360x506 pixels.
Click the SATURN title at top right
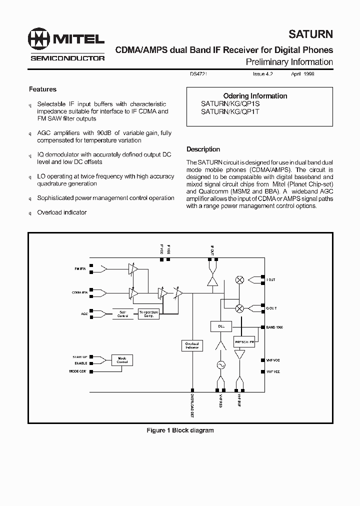[x=310, y=34]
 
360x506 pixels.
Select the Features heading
[x=42, y=89]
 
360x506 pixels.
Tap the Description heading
[x=203, y=149]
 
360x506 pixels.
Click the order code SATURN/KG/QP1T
[x=230, y=112]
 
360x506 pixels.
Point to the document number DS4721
[x=198, y=73]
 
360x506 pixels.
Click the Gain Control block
[x=122, y=314]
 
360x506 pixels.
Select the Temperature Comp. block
[x=148, y=314]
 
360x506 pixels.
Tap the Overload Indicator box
[x=192, y=345]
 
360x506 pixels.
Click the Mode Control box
[x=122, y=360]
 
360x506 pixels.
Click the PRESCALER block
[x=244, y=342]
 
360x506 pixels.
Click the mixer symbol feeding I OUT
[x=239, y=280]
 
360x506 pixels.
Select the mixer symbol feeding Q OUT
[x=239, y=308]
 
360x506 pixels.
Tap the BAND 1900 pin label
[x=274, y=327]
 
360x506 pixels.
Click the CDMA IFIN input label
[x=79, y=292]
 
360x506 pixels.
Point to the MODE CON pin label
[x=78, y=371]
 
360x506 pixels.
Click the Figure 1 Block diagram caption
[x=180, y=430]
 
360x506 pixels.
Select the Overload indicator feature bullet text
[x=62, y=212]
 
